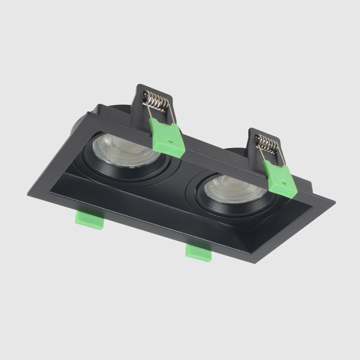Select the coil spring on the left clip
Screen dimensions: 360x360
pos(157,101)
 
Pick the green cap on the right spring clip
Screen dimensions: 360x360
pos(280,176)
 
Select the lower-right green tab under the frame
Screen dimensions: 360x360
pos(198,250)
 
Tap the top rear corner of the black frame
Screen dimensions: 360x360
pos(93,108)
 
